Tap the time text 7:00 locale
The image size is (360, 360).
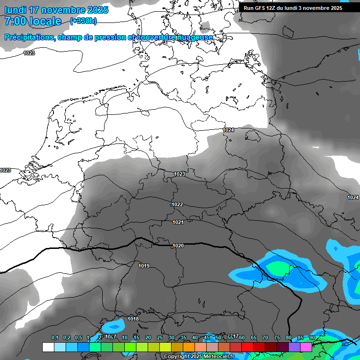tap(33, 21)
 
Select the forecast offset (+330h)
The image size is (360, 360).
tap(83, 21)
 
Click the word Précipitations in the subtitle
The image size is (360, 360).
tap(29, 37)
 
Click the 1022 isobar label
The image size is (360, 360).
tap(177, 205)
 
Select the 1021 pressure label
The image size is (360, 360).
tap(178, 223)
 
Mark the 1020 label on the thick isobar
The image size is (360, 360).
tap(178, 246)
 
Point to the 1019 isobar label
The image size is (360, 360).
tap(144, 266)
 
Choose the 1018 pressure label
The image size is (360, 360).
tap(133, 319)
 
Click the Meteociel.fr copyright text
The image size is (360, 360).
tap(206, 357)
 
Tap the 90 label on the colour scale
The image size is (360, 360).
tap(312, 337)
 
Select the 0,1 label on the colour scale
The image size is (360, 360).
tap(55, 337)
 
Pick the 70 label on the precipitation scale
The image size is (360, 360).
tap(265, 337)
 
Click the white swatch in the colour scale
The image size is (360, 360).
tap(48, 347)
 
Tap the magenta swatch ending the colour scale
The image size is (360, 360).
tap(306, 347)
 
